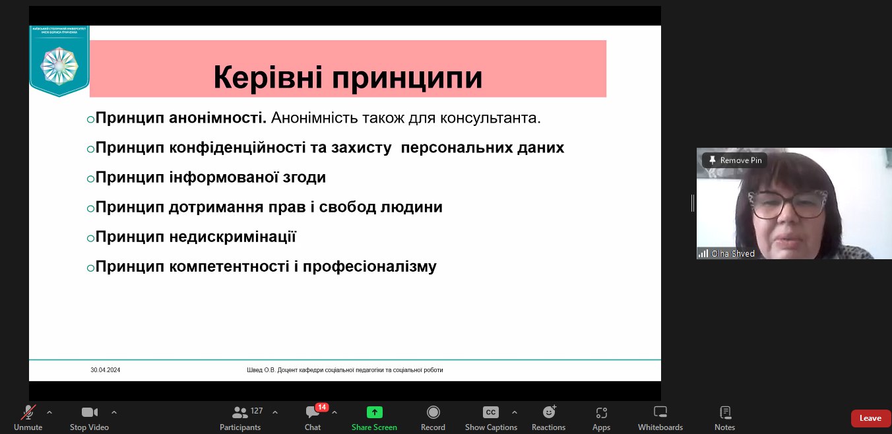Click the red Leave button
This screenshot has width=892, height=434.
870,418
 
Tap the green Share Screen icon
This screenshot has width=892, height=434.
374,412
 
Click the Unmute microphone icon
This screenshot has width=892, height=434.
28,412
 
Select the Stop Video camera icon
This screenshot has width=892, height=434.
89,412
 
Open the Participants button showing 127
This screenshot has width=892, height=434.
240,412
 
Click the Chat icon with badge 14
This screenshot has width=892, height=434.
313,412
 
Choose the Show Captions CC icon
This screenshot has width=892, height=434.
490,412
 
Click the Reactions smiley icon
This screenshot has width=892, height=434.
548,412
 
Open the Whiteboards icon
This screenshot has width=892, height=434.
660,412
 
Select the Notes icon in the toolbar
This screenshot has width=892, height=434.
724,412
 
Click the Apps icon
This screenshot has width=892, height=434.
601,412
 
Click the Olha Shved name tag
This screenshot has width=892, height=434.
732,253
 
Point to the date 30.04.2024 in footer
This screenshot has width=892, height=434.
106,370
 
